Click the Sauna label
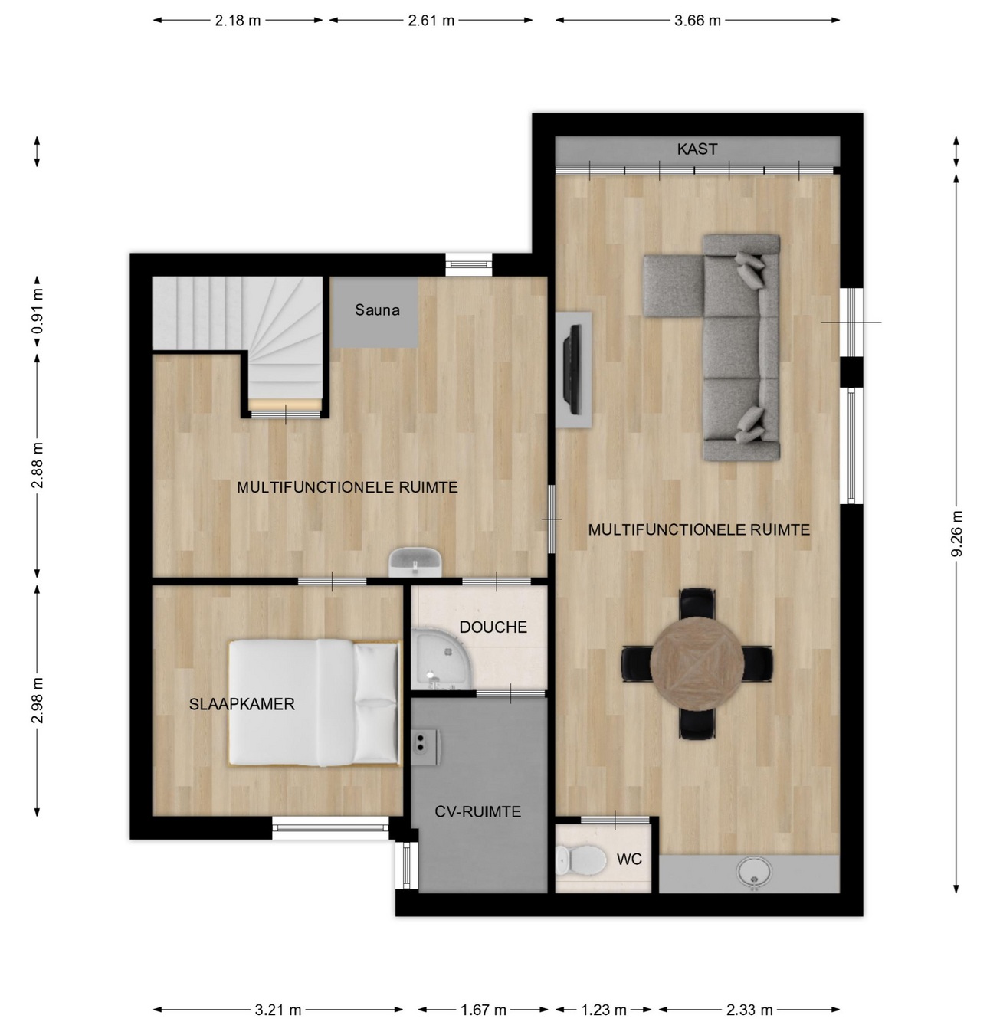(377, 310)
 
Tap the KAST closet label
(697, 149)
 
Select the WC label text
(629, 859)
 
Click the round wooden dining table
(697, 663)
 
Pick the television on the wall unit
(573, 369)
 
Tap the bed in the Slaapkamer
(314, 703)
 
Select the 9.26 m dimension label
(956, 533)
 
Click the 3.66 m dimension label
(697, 21)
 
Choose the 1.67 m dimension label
(483, 1009)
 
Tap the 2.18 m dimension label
(238, 21)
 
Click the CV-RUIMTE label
(477, 811)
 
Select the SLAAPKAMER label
(241, 704)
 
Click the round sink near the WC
(754, 873)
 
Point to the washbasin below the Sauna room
(415, 562)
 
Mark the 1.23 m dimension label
(604, 1009)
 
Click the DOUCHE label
(493, 627)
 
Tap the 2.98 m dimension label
(37, 700)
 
